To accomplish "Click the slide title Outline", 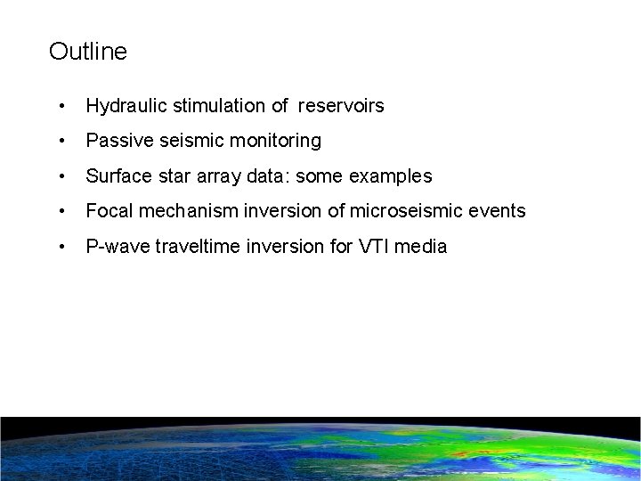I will pyautogui.click(x=88, y=52).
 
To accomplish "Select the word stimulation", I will pyautogui.click(x=215, y=106).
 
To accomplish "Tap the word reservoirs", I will pyautogui.click(x=341, y=106).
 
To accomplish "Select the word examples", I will pyautogui.click(x=392, y=176).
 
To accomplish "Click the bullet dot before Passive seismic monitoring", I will pyautogui.click(x=61, y=141).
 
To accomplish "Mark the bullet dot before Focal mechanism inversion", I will pyautogui.click(x=61, y=211).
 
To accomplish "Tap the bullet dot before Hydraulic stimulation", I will pyautogui.click(x=61, y=106).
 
